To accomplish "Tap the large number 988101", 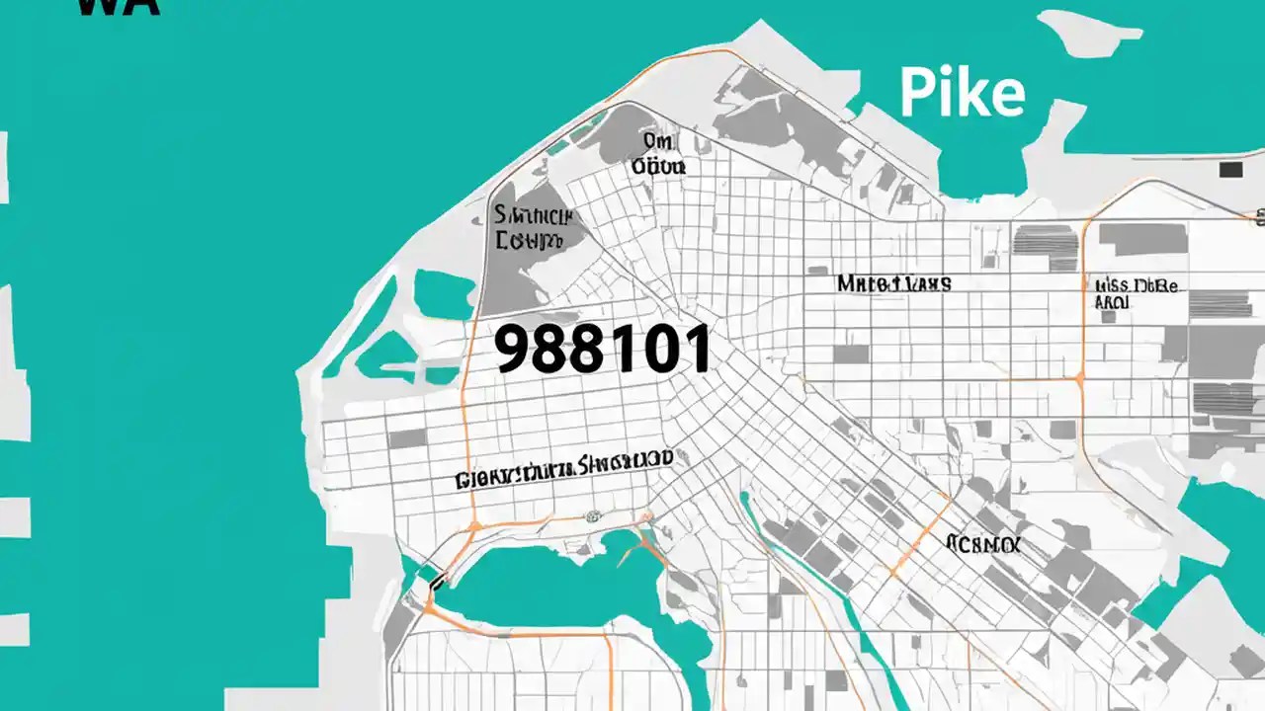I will click(x=602, y=350).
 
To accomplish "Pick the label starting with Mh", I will click(x=893, y=283).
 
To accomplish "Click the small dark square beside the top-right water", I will click(x=1230, y=170).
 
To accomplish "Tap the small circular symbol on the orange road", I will click(x=593, y=515).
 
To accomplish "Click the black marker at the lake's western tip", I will click(x=433, y=583).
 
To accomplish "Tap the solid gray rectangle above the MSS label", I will click(x=1142, y=240).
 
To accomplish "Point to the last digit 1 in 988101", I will click(x=698, y=350).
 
